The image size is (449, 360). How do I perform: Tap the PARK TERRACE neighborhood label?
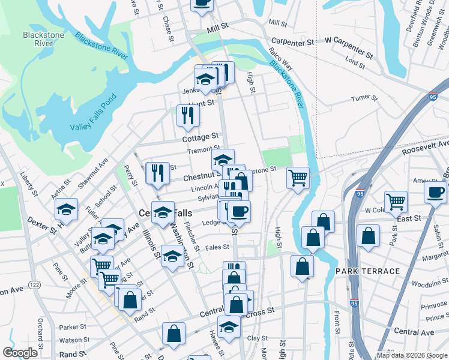pyautogui.click(x=367, y=271)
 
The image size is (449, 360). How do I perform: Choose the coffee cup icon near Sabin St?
pyautogui.click(x=435, y=191)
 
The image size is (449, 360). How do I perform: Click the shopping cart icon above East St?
pyautogui.click(x=396, y=202)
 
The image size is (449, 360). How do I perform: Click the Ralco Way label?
pyautogui.click(x=280, y=58)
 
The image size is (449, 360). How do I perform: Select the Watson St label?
pyautogui.click(x=75, y=340)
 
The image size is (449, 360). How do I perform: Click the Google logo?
pyautogui.click(x=20, y=353)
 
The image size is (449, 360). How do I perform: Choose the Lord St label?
pyautogui.click(x=355, y=61)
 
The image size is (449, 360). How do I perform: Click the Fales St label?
pyautogui.click(x=217, y=247)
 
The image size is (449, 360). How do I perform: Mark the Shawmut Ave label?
pyautogui.click(x=96, y=172)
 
